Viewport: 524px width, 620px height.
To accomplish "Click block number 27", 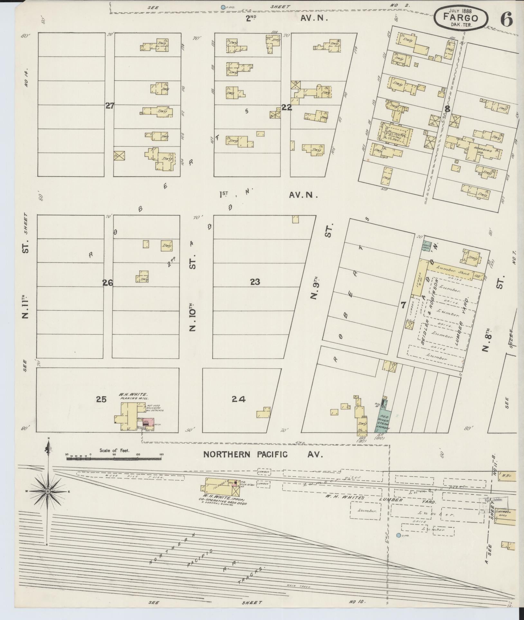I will coord(110,106).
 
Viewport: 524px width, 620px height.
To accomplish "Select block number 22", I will coord(286,107).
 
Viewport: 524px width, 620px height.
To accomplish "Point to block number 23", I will coord(255,282).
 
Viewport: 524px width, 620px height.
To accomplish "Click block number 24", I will coord(239,399).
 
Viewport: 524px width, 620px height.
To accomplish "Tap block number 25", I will coord(101,399).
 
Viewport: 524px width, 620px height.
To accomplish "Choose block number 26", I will coord(108,283).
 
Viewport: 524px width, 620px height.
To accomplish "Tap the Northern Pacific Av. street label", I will coord(262,454).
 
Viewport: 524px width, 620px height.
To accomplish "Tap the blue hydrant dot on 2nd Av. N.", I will coord(222,7).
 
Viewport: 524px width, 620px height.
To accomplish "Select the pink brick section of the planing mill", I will coord(147,421).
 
